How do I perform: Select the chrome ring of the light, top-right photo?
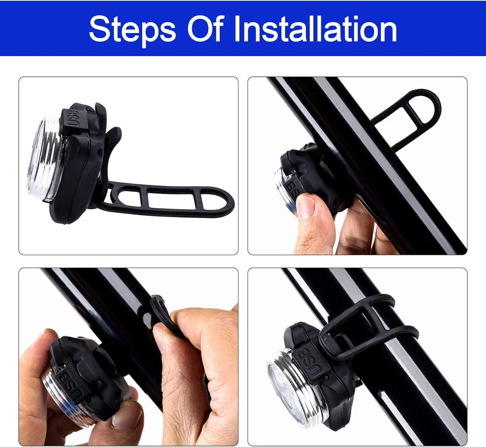click(x=286, y=192)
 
